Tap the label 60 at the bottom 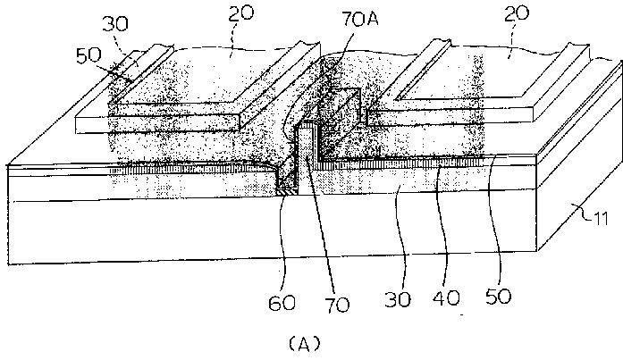pos(282,303)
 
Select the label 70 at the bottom pos(337,305)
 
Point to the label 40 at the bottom pos(446,297)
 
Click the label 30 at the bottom pos(398,299)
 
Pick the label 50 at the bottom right pos(498,297)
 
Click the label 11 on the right pos(600,218)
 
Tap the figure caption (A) pos(304,343)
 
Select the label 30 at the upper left pos(115,24)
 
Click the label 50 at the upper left pos(88,55)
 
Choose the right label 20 pos(517,14)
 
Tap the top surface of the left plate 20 pos(206,75)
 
